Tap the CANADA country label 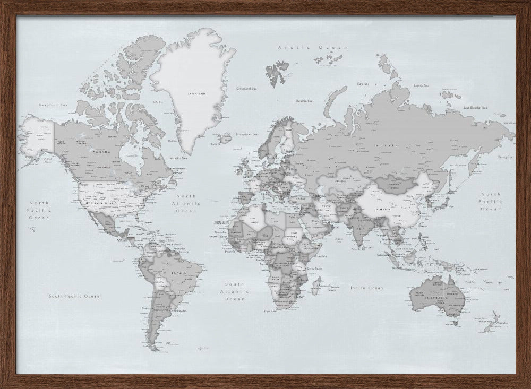click(103, 152)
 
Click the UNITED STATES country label click(100, 202)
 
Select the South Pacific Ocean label click(74, 296)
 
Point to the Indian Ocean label click(366, 288)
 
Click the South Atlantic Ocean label click(235, 291)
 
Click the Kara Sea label click(363, 83)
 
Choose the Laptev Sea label click(421, 85)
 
